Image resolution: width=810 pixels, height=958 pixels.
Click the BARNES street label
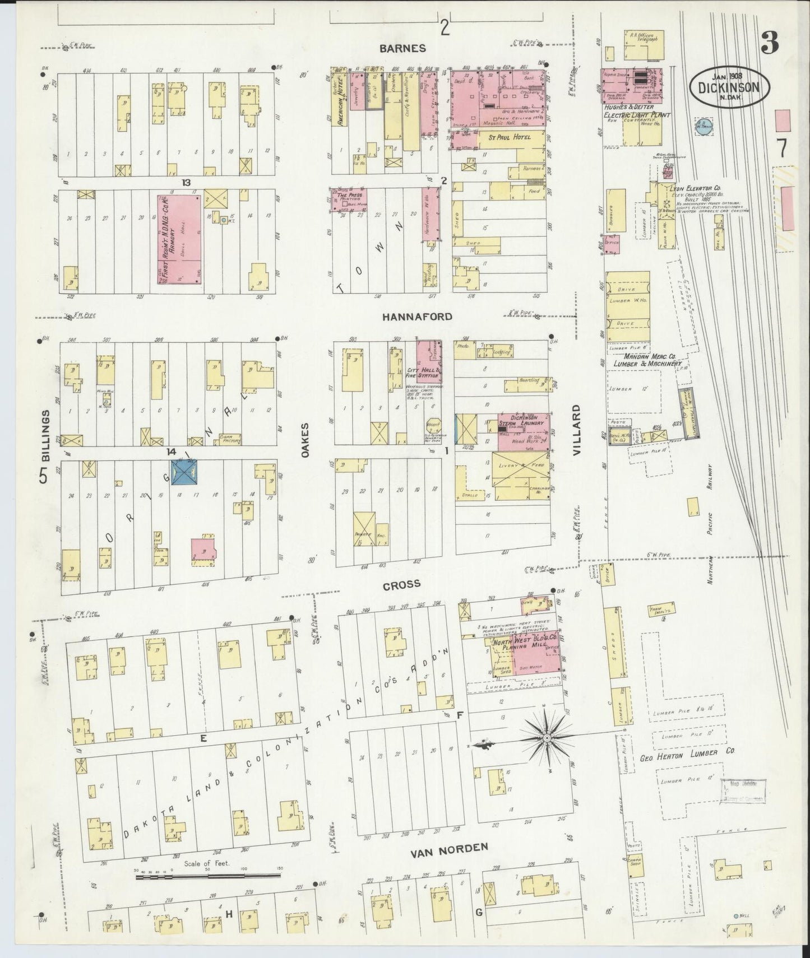click(x=402, y=48)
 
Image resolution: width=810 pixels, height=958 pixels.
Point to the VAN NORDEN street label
click(x=450, y=847)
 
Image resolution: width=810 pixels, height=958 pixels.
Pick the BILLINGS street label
click(x=46, y=435)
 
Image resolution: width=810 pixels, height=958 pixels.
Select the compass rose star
click(x=547, y=739)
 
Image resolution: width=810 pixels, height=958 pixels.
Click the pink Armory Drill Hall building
click(x=179, y=239)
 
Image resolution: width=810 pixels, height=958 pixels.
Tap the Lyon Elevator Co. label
click(x=695, y=189)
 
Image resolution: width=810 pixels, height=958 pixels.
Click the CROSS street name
click(x=401, y=585)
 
